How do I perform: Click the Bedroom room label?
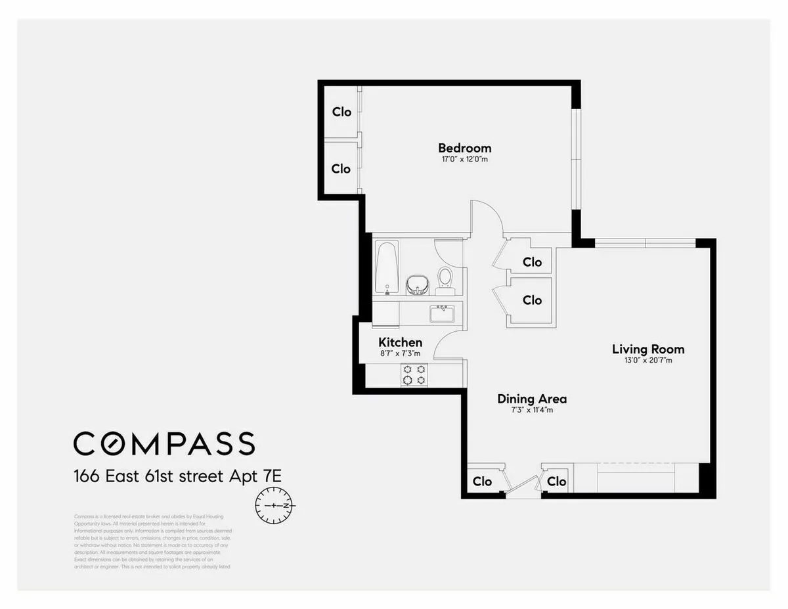[x=464, y=148]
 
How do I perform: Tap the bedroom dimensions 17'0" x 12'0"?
[x=464, y=160]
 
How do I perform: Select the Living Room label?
[x=647, y=349]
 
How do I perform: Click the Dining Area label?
[x=532, y=399]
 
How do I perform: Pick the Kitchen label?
[x=400, y=342]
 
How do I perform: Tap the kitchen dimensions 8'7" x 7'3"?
[x=400, y=353]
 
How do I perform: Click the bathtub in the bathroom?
[x=387, y=268]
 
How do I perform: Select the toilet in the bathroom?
[x=445, y=277]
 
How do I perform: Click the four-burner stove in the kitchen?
[x=414, y=374]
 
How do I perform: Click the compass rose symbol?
[x=276, y=506]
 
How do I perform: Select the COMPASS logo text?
[x=164, y=443]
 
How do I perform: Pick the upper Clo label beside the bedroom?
[x=341, y=112]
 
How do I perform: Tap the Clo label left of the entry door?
[x=482, y=482]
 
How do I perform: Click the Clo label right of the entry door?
[x=556, y=482]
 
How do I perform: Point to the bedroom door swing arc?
[x=487, y=217]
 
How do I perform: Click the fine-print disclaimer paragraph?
[x=152, y=541]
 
